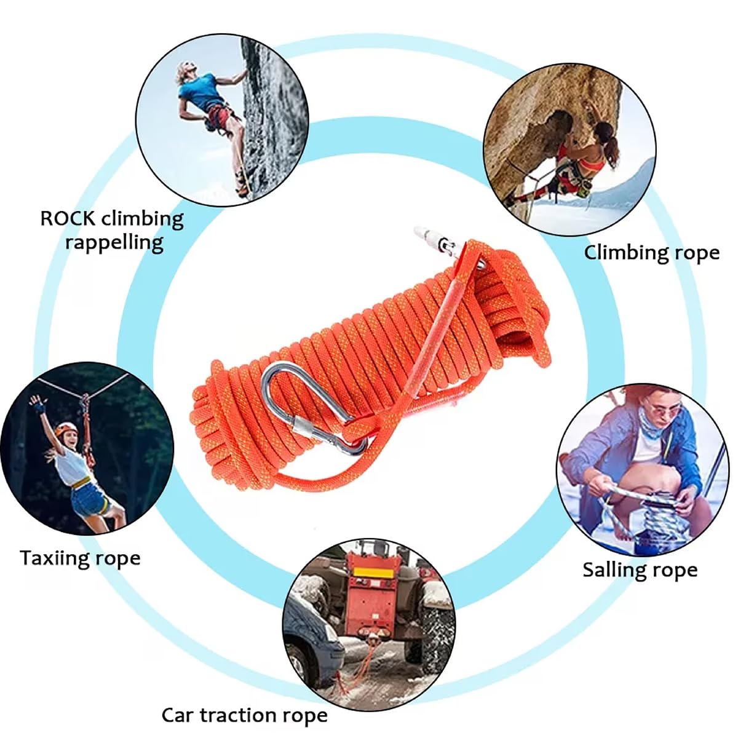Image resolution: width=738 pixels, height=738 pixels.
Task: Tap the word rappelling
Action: click(x=114, y=242)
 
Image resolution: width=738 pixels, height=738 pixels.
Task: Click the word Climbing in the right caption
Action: click(x=622, y=252)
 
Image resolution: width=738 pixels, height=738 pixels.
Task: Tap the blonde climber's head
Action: click(x=185, y=71)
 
